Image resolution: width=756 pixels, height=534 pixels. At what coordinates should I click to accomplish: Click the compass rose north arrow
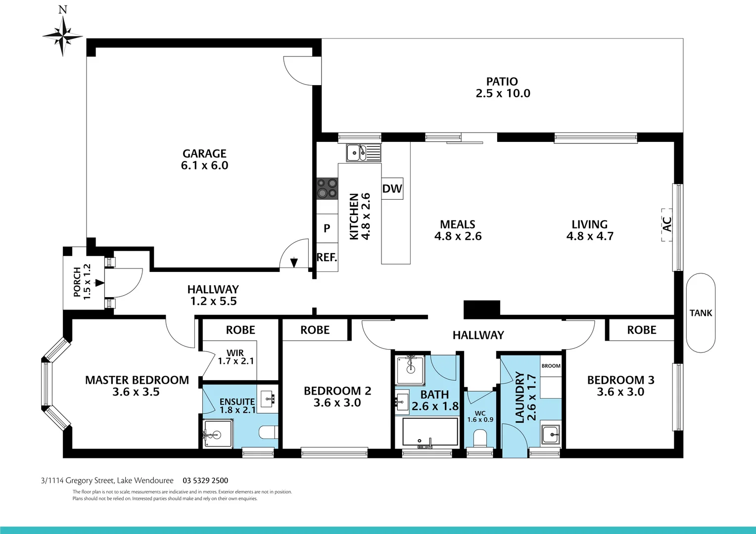tap(63, 35)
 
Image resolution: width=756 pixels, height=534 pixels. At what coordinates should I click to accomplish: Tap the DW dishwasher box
tap(392, 188)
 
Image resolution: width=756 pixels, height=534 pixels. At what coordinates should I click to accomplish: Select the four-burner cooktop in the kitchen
tap(327, 188)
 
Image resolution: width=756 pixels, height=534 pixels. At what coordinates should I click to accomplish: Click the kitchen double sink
tap(363, 153)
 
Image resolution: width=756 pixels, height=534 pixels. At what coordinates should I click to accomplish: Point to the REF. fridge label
tap(327, 258)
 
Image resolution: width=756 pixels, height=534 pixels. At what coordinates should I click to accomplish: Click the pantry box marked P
tap(327, 228)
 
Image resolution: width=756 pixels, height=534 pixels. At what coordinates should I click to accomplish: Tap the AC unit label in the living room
tap(667, 224)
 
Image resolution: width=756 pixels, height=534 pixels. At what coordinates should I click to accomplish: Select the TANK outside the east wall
tap(701, 313)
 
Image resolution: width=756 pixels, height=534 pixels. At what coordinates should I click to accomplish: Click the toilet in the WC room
tap(480, 438)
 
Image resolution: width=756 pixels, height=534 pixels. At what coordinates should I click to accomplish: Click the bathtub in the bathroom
tap(430, 432)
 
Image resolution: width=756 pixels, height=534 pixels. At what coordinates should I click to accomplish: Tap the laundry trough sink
tap(550, 435)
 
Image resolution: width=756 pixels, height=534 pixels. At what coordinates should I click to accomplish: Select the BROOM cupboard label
tap(551, 366)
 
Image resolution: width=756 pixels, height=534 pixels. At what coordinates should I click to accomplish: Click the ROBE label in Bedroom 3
tap(641, 330)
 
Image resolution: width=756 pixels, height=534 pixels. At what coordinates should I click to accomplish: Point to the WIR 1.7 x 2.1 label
tap(236, 357)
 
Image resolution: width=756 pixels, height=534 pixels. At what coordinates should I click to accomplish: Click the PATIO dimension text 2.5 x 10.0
tap(503, 93)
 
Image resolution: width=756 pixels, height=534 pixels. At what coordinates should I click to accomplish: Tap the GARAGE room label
tap(204, 154)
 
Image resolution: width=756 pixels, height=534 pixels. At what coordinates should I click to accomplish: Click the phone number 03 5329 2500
tap(205, 481)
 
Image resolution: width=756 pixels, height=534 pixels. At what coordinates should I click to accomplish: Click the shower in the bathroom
tap(410, 370)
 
